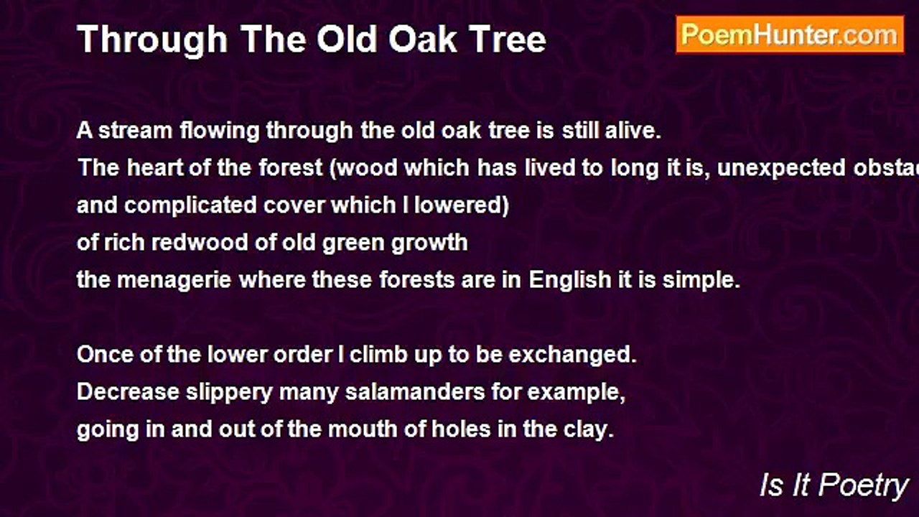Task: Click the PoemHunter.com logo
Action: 790,34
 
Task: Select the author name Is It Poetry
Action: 834,486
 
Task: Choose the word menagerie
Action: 174,280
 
